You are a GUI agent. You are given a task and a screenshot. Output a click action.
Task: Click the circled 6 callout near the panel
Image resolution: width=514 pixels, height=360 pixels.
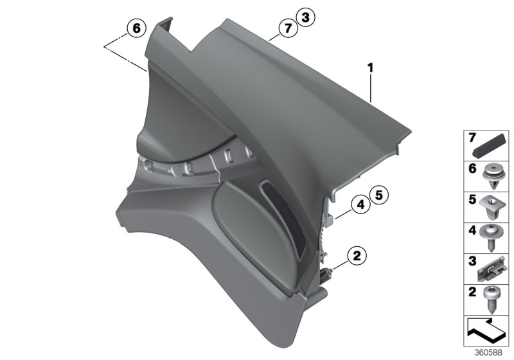point(136,28)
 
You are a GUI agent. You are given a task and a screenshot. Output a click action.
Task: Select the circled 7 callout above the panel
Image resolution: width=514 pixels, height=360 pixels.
point(288,27)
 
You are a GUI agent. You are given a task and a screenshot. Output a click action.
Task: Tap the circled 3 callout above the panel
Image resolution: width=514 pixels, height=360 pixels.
point(306,18)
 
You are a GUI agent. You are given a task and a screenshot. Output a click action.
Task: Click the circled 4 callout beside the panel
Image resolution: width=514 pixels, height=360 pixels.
point(360,205)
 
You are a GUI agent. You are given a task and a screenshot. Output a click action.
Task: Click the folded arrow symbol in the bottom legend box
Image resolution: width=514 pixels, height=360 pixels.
point(484,332)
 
